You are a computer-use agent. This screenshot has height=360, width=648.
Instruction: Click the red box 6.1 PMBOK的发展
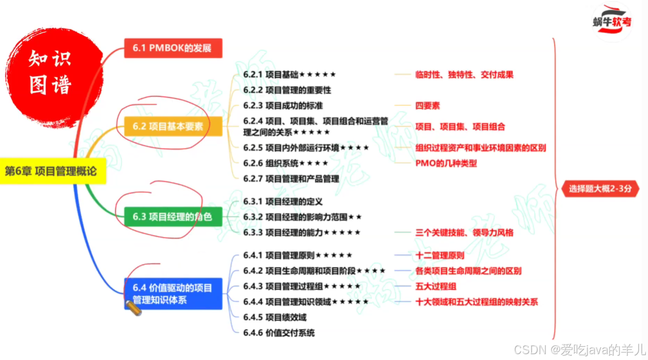tap(172, 48)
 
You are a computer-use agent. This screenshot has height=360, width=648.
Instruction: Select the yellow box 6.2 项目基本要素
tap(172, 127)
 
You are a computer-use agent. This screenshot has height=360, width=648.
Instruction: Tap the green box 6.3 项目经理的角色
tap(172, 216)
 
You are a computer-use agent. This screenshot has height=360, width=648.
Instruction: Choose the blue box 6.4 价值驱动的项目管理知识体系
tap(172, 294)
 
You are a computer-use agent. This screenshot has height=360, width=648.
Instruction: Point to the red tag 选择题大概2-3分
tap(600, 188)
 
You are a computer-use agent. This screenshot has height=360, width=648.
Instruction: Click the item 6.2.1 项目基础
tap(289, 75)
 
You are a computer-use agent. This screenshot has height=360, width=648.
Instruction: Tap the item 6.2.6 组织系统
tap(285, 163)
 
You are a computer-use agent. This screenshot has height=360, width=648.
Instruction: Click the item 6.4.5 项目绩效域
tap(275, 317)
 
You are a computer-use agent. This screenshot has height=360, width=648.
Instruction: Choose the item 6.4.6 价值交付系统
tap(279, 333)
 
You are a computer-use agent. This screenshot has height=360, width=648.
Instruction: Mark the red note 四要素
tap(427, 106)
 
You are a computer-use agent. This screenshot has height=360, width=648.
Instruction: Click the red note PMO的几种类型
tap(446, 163)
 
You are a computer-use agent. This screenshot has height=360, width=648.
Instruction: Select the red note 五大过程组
tap(436, 287)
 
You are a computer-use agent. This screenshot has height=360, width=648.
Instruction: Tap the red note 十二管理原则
tap(440, 255)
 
